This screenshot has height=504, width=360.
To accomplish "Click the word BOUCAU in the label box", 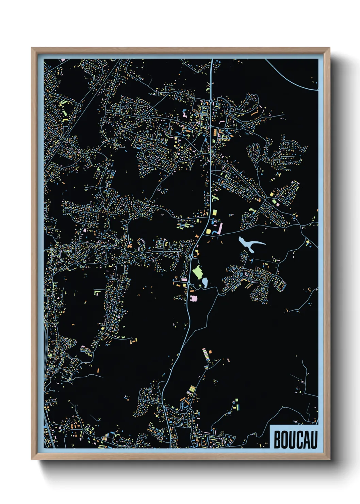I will click(295, 440).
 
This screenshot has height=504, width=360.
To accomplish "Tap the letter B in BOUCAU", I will click(277, 440).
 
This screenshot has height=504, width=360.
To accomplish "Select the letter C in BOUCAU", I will click(299, 440).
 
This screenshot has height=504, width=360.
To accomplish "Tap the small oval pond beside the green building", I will click(205, 282).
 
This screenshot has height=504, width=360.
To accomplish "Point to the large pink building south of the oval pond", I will click(194, 298).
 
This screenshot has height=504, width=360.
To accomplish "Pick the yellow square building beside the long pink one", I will click(208, 232).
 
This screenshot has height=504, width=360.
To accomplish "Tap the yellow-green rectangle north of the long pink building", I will click(215, 212).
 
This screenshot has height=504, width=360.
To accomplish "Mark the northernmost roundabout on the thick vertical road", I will click(211, 101).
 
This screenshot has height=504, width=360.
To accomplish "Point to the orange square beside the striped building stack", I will click(210, 351).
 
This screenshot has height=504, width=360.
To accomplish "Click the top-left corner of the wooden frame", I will click(32, 48).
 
